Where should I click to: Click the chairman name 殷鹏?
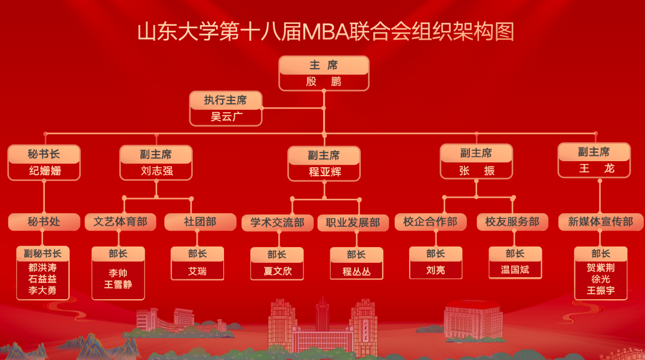(x=324, y=82)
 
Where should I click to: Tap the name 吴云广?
(x=226, y=117)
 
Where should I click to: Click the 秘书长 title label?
(x=44, y=154)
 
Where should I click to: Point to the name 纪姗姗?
(x=44, y=171)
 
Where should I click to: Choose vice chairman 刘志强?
(x=156, y=171)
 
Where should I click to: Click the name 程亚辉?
(x=324, y=173)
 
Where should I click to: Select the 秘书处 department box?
(x=44, y=222)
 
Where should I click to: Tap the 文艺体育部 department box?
(x=120, y=222)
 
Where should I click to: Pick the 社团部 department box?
(x=200, y=222)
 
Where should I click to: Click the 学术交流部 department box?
(x=277, y=223)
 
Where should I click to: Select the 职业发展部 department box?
(x=353, y=223)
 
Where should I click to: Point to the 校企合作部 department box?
(x=430, y=222)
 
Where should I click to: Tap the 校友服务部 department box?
(x=512, y=222)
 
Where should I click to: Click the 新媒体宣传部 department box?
(x=600, y=222)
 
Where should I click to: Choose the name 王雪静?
(x=118, y=285)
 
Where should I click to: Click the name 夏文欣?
(x=277, y=271)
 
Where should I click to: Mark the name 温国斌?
(x=515, y=270)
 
